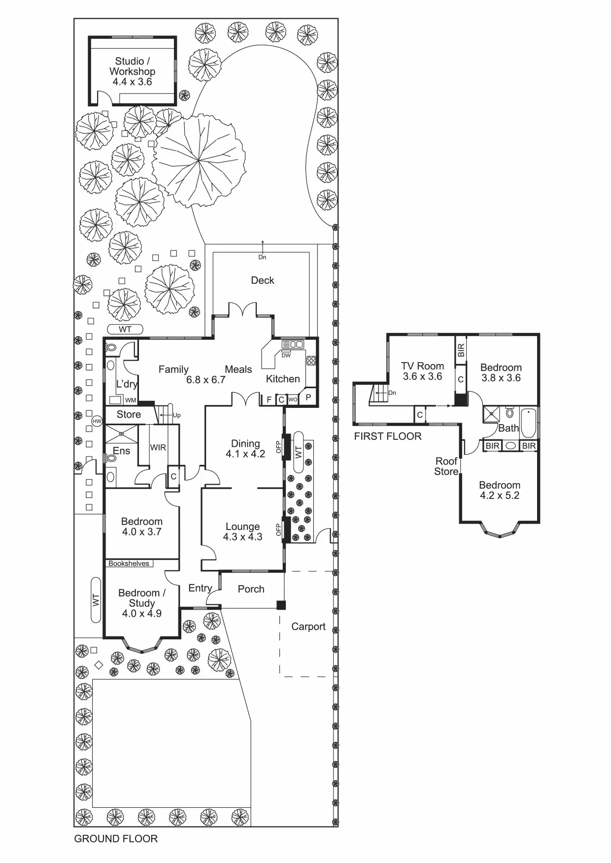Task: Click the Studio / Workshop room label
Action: pyautogui.click(x=132, y=71)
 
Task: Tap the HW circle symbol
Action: pyautogui.click(x=97, y=421)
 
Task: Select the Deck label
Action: pyautogui.click(x=263, y=280)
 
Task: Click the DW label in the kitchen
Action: pyautogui.click(x=286, y=355)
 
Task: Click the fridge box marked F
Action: pyautogui.click(x=269, y=399)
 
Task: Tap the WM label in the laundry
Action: pyautogui.click(x=131, y=400)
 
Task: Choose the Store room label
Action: pyautogui.click(x=129, y=415)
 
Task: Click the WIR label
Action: pyautogui.click(x=158, y=447)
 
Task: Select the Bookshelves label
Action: pyautogui.click(x=129, y=564)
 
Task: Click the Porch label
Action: pyautogui.click(x=251, y=589)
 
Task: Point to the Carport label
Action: pyautogui.click(x=308, y=627)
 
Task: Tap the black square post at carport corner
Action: pyautogui.click(x=281, y=605)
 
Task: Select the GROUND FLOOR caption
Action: pyautogui.click(x=116, y=839)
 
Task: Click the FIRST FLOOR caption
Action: pyautogui.click(x=388, y=436)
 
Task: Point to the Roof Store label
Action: pyautogui.click(x=446, y=466)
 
